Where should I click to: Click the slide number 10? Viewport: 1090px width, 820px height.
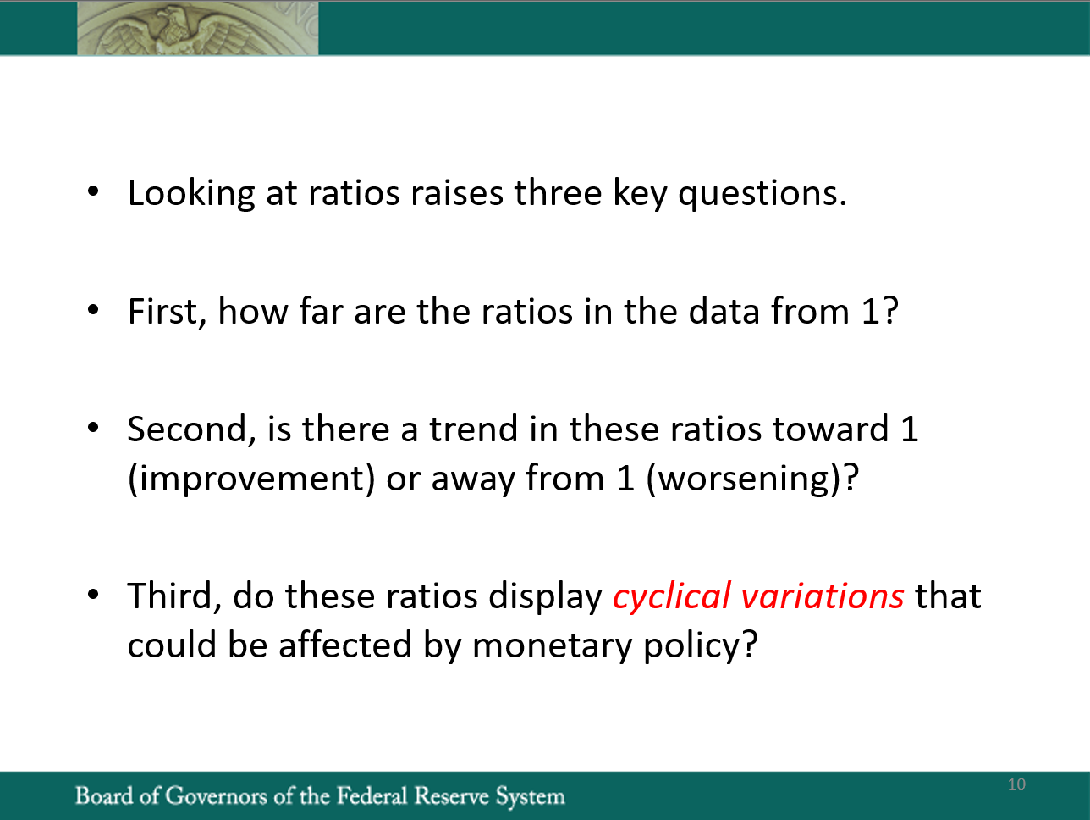(1016, 784)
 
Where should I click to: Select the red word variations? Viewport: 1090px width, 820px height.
(823, 596)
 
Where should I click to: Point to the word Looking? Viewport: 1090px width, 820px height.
(191, 194)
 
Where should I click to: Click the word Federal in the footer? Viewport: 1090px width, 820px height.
(372, 795)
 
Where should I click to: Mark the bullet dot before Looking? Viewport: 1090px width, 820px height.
(93, 191)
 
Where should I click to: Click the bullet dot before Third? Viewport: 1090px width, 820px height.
(93, 594)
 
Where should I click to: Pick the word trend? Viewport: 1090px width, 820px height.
(473, 429)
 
